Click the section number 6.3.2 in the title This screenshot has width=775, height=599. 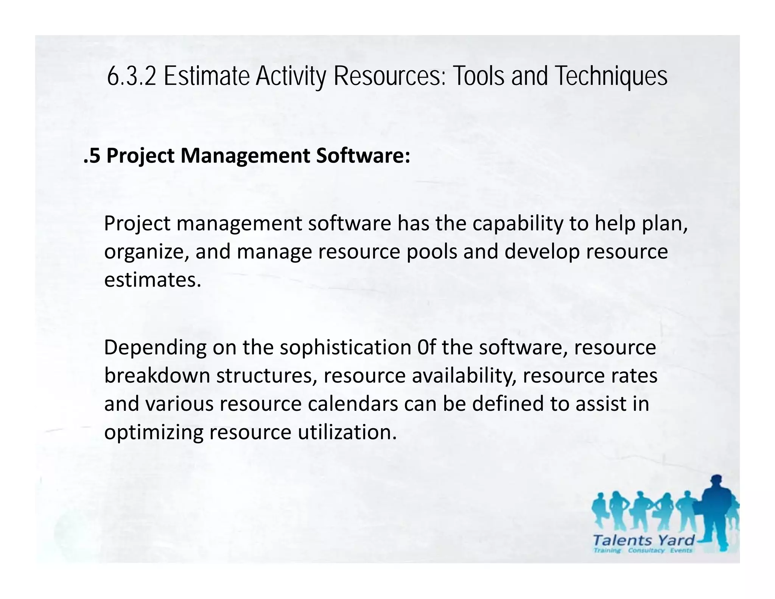pyautogui.click(x=131, y=76)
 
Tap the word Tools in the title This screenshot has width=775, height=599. pyautogui.click(x=479, y=76)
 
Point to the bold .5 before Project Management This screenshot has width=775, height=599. pyautogui.click(x=92, y=156)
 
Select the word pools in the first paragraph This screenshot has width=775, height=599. pyautogui.click(x=432, y=252)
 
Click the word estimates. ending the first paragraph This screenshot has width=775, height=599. pyautogui.click(x=153, y=280)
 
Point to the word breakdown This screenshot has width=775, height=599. pyautogui.click(x=157, y=376)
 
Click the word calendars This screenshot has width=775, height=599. pyautogui.click(x=353, y=404)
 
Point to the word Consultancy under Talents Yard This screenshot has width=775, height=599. pyautogui.click(x=646, y=551)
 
